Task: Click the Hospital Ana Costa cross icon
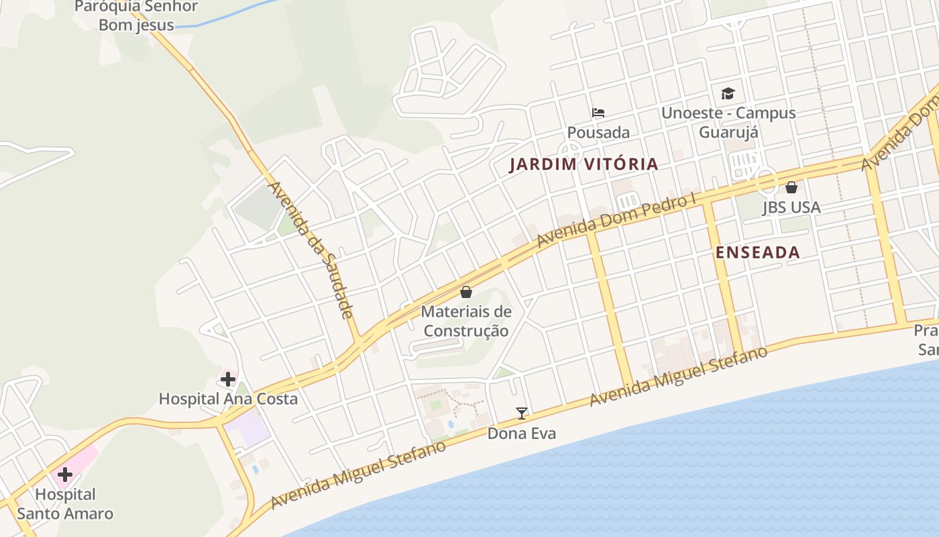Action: click(228, 379)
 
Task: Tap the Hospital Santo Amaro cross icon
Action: click(65, 475)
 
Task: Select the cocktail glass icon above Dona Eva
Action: click(522, 413)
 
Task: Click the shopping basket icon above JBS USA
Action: click(791, 187)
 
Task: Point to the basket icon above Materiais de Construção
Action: click(466, 293)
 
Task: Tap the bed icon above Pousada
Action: click(598, 113)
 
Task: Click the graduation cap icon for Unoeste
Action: click(728, 94)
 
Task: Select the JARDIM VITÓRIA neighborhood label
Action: click(584, 164)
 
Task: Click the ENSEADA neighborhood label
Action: click(758, 253)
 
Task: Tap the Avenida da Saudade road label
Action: click(311, 250)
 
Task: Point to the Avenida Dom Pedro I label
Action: click(616, 222)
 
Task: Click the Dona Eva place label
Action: click(522, 434)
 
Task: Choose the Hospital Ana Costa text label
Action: click(228, 399)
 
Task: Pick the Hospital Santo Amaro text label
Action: click(65, 504)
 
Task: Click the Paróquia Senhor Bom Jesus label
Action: click(136, 16)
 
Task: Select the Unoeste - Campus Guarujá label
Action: click(728, 122)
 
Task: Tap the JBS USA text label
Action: click(791, 207)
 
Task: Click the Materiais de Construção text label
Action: click(466, 321)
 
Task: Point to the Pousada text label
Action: click(598, 132)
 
